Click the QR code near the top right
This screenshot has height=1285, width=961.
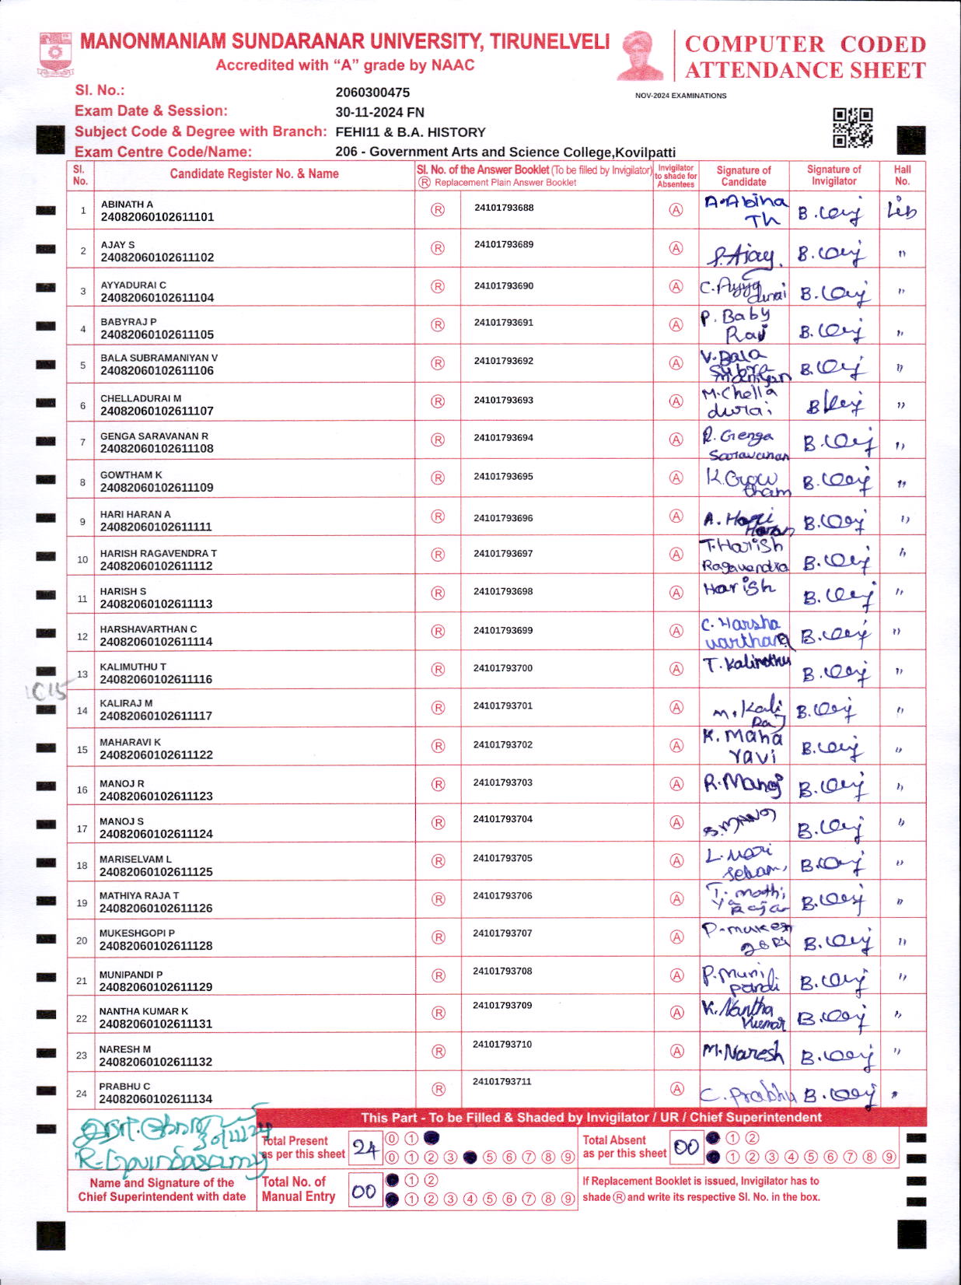coord(852,128)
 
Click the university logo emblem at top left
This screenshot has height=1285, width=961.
coord(55,53)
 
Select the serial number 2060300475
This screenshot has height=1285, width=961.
coord(372,93)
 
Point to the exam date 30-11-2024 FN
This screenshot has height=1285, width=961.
coord(379,112)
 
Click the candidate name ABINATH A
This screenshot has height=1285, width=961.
coord(127,204)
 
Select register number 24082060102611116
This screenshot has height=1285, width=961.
coord(156,679)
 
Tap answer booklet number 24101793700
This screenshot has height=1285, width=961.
coord(503,668)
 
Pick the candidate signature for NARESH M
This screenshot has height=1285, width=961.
coord(743,1052)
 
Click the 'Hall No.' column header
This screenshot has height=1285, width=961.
coord(902,175)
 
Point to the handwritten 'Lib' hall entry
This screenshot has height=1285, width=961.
coord(902,210)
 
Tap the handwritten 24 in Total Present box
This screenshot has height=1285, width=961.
coord(365,1148)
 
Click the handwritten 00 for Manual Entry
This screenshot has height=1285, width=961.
coord(364,1191)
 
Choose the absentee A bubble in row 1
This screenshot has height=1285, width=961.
coord(676,210)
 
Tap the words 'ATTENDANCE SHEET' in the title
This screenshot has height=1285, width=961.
coord(805,70)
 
